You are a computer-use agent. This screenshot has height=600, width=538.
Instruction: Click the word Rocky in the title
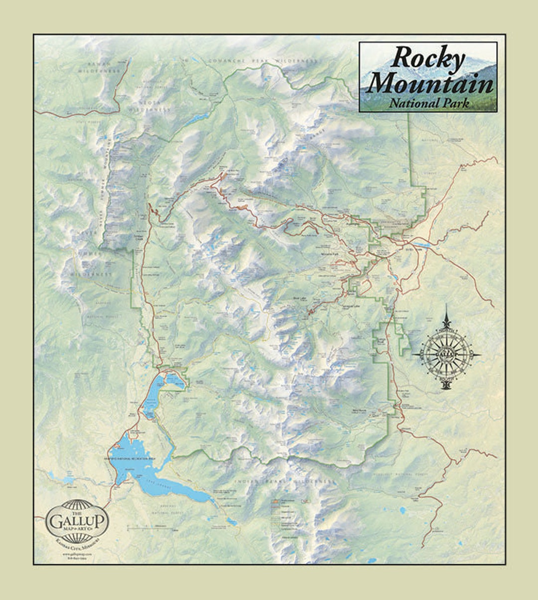coord(427,58)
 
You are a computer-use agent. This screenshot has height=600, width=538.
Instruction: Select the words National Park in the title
coord(429,103)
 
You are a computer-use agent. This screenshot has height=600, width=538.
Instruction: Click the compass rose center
coord(446,355)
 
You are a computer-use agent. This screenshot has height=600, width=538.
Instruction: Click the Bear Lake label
coord(299,299)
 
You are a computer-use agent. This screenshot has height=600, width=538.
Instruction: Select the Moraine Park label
coord(330,254)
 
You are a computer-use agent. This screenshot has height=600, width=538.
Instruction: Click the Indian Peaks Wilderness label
coord(284,482)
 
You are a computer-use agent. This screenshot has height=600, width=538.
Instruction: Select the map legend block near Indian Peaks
coord(284,518)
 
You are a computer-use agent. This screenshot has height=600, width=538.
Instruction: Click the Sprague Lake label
coord(350,307)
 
